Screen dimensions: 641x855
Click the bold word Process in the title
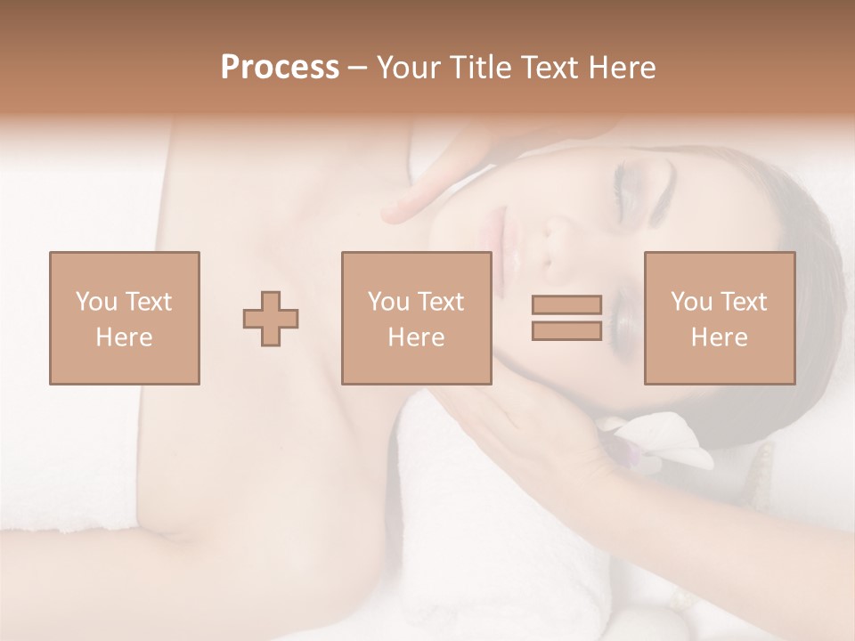(280, 68)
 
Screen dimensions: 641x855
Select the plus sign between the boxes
(271, 318)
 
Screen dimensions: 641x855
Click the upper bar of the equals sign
(566, 304)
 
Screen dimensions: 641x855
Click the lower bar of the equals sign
(566, 330)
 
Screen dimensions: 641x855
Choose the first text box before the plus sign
(124, 318)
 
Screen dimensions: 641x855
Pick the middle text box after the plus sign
(416, 318)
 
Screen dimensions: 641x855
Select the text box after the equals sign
(719, 318)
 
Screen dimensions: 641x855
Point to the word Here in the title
(621, 68)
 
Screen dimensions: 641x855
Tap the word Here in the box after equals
(719, 337)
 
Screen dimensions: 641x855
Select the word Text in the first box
(148, 302)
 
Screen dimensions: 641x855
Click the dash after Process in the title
(357, 68)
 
